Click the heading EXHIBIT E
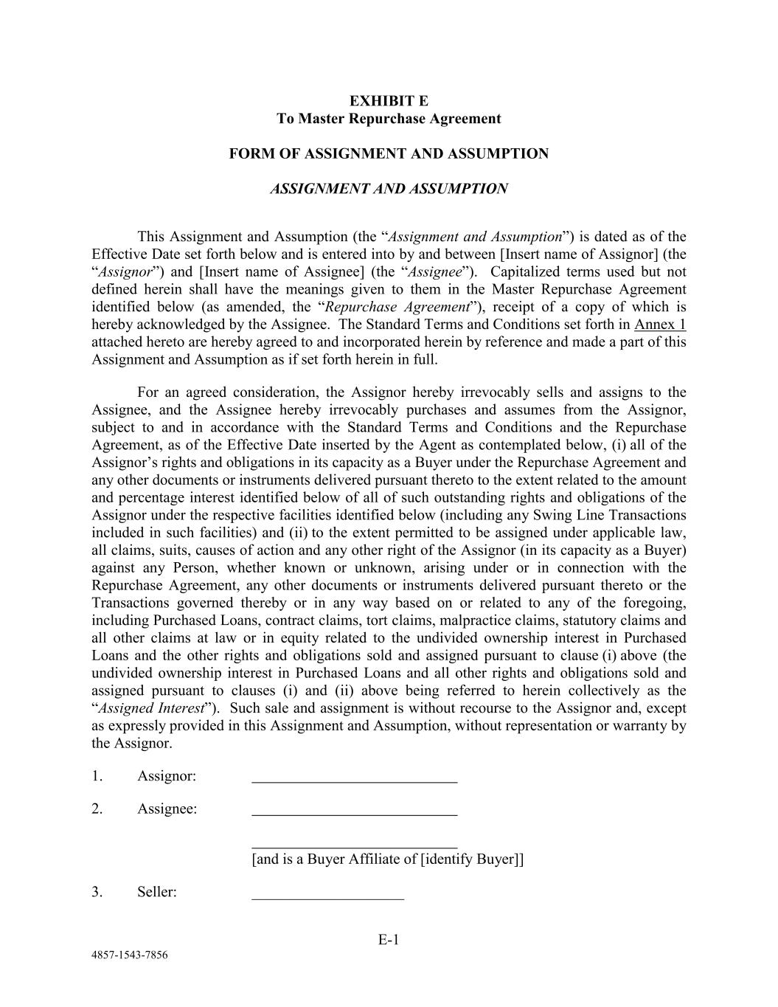click(389, 101)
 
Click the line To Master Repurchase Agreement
click(389, 119)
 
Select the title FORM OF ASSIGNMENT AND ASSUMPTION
click(389, 153)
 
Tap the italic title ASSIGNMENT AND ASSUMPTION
click(389, 189)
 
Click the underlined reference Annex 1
click(660, 325)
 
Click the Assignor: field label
click(167, 776)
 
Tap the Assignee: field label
click(167, 809)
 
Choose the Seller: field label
click(157, 892)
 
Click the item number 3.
click(97, 892)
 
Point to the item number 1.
click(97, 776)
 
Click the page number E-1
click(389, 939)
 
